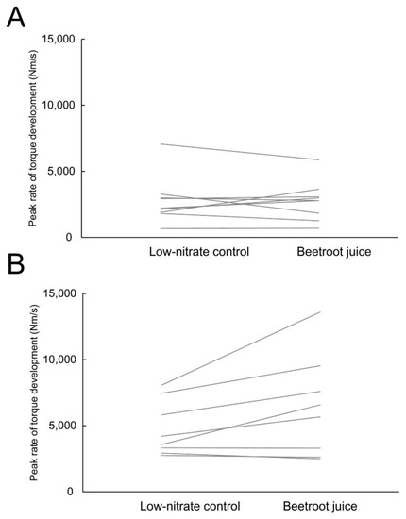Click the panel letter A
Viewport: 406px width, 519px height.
(x=16, y=18)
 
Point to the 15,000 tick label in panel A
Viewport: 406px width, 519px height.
(x=58, y=40)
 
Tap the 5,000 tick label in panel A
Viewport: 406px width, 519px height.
(x=60, y=172)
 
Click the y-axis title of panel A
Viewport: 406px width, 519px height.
(x=33, y=139)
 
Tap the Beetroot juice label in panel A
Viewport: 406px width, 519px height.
(x=320, y=253)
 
